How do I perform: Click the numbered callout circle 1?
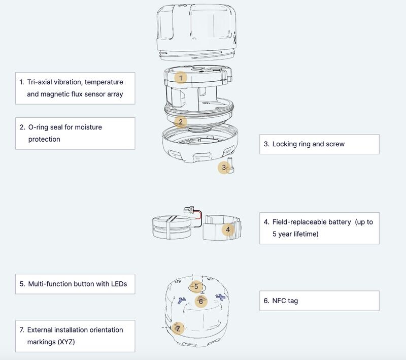[181, 78]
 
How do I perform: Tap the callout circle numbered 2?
[181, 122]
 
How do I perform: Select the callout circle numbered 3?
[224, 168]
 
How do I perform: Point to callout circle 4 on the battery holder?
[228, 230]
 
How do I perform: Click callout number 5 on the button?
[196, 287]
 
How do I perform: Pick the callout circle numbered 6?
[201, 301]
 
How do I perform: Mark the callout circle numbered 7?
[178, 329]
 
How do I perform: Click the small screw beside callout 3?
[230, 165]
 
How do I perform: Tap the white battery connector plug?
[188, 210]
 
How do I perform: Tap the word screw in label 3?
[335, 144]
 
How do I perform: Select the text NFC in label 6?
[279, 301]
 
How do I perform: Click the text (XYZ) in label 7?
[66, 342]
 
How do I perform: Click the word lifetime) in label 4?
[306, 234]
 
